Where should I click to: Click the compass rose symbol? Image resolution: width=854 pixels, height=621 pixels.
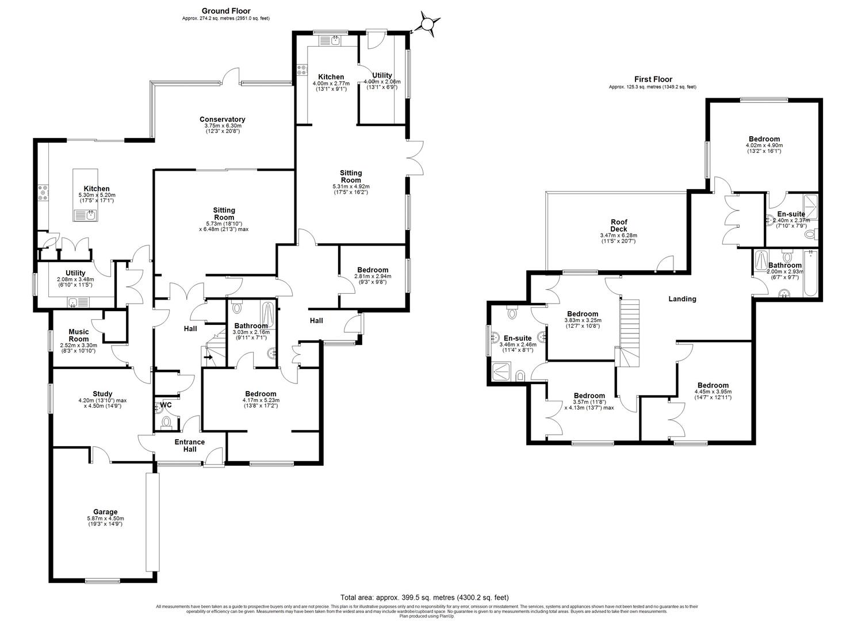pyautogui.click(x=428, y=24)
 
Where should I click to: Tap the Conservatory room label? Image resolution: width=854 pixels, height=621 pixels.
pyautogui.click(x=225, y=120)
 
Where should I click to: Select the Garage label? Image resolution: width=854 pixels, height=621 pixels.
pyautogui.click(x=105, y=512)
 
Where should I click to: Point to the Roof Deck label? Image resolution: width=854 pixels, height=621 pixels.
pyautogui.click(x=619, y=225)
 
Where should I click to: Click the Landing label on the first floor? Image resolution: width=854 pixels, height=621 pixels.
pyautogui.click(x=682, y=299)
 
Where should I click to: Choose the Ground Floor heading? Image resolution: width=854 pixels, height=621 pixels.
pyautogui.click(x=225, y=11)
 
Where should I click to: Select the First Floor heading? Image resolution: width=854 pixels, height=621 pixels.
pyautogui.click(x=653, y=79)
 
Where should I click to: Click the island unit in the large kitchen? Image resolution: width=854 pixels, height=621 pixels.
pyautogui.click(x=86, y=195)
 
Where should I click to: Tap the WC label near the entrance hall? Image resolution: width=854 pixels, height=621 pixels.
pyautogui.click(x=166, y=405)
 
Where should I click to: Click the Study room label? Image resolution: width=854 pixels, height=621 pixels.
pyautogui.click(x=102, y=394)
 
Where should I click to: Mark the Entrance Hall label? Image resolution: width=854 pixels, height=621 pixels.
pyautogui.click(x=189, y=445)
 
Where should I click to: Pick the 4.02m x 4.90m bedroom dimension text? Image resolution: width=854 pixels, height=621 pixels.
pyautogui.click(x=764, y=145)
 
